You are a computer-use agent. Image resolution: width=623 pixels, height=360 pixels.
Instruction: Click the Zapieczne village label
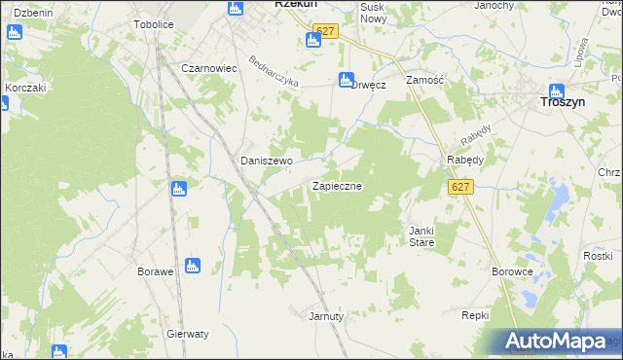click(x=338, y=185)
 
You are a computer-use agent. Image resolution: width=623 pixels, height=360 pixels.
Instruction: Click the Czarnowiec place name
click(x=210, y=68)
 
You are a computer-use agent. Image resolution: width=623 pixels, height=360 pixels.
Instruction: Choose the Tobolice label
click(x=153, y=23)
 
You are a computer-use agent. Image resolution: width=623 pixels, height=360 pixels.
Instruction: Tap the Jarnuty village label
click(x=326, y=316)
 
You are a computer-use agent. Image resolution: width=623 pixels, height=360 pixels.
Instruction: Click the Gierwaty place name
click(x=188, y=333)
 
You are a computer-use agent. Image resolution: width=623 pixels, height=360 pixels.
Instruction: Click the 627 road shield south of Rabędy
click(x=461, y=187)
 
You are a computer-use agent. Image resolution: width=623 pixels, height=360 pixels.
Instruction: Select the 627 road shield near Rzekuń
click(x=326, y=32)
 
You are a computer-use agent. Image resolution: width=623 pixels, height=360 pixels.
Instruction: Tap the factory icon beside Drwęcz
click(x=344, y=81)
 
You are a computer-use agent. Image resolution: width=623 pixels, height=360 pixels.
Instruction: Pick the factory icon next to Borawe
click(x=193, y=265)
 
